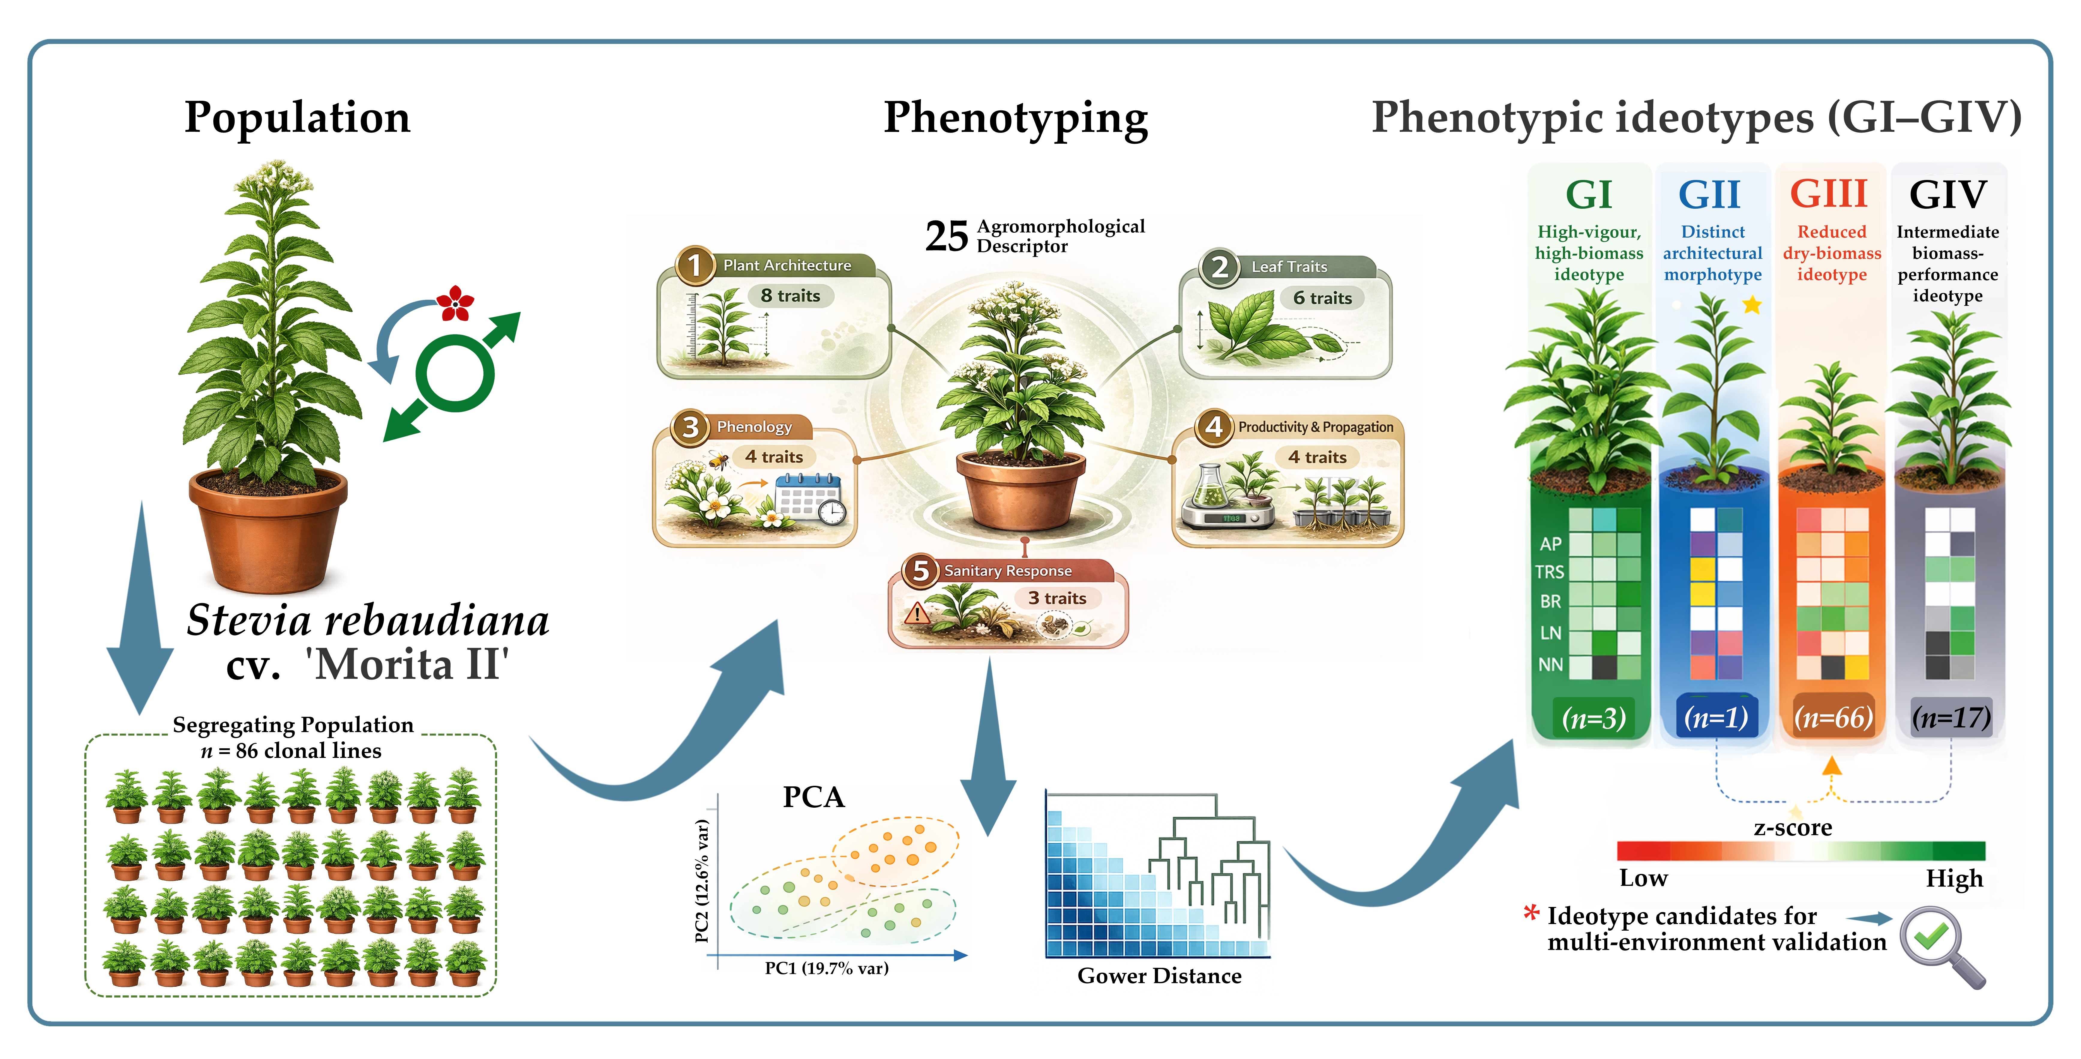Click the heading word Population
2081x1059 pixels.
tap(297, 118)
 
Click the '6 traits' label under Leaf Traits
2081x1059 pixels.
tap(1322, 298)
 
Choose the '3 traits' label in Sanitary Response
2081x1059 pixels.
tap(1057, 598)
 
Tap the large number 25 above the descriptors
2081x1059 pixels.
tap(946, 237)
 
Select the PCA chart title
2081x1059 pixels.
tap(813, 797)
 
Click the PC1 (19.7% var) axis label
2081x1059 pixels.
tap(826, 968)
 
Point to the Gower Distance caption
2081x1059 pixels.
tap(1159, 976)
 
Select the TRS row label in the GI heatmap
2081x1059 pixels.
tap(1549, 572)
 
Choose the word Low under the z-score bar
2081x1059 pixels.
tap(1643, 878)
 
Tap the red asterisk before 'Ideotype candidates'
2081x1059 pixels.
tap(1531, 914)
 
